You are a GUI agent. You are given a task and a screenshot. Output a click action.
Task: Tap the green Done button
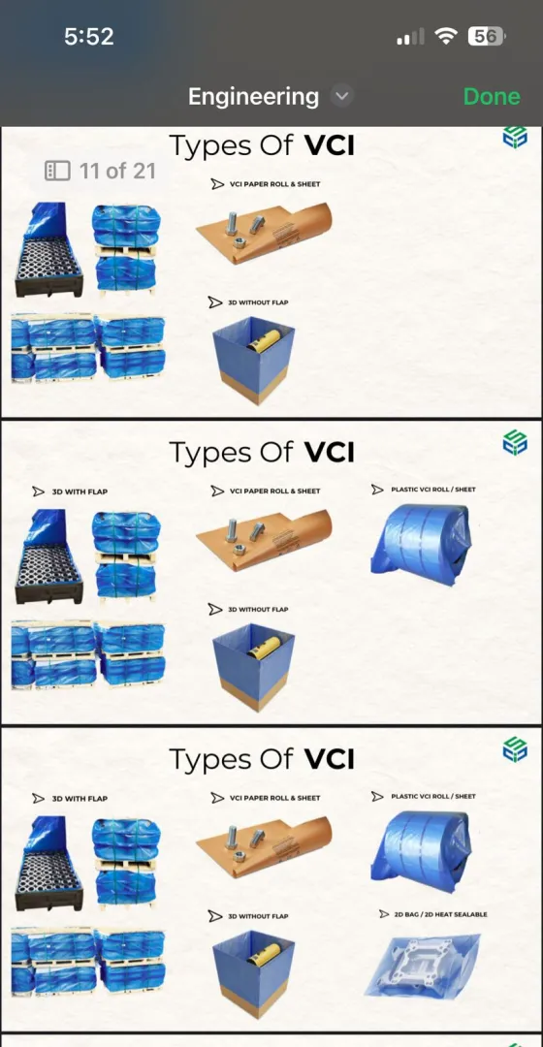pyautogui.click(x=492, y=96)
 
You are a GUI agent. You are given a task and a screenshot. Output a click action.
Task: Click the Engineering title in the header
pyautogui.click(x=253, y=97)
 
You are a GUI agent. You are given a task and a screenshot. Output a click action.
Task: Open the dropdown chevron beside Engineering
pyautogui.click(x=341, y=96)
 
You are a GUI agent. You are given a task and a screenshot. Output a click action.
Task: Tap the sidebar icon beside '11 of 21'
pyautogui.click(x=57, y=171)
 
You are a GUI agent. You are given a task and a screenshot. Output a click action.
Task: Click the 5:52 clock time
pyautogui.click(x=89, y=36)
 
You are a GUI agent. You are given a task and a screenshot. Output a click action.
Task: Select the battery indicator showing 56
pyautogui.click(x=487, y=36)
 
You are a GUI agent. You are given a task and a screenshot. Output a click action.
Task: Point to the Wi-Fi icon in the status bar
pyautogui.click(x=445, y=36)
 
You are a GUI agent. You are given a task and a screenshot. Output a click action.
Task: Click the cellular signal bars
pyautogui.click(x=410, y=37)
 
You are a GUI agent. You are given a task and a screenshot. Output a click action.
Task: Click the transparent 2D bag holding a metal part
pyautogui.click(x=423, y=966)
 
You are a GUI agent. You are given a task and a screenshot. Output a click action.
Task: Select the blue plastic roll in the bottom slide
pyautogui.click(x=421, y=851)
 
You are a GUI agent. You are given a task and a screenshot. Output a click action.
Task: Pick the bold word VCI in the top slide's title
pyautogui.click(x=330, y=145)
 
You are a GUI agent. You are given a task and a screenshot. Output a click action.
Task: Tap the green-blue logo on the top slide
pyautogui.click(x=515, y=137)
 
